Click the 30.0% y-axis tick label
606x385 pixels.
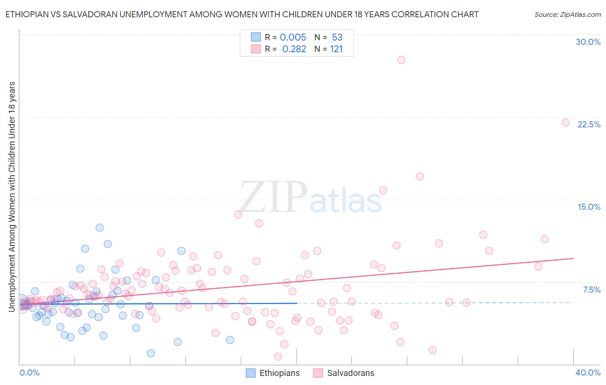(x=588, y=42)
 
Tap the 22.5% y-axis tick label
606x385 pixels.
(x=589, y=124)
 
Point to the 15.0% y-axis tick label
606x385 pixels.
(x=589, y=207)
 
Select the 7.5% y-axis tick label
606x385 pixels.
(x=591, y=290)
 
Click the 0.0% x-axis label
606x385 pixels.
(x=29, y=372)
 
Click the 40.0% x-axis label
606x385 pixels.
(x=587, y=372)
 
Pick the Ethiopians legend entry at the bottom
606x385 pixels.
(x=273, y=373)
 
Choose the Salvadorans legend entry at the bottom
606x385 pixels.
(x=344, y=373)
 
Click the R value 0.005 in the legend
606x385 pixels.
(x=293, y=37)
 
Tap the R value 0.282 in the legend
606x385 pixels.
(x=294, y=49)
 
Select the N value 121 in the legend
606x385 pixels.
(x=336, y=49)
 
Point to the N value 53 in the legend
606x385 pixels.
(x=337, y=37)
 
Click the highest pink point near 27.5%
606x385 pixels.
(x=401, y=60)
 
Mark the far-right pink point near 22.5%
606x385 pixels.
(x=565, y=123)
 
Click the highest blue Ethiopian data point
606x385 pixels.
(x=100, y=227)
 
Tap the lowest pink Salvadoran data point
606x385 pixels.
(x=278, y=357)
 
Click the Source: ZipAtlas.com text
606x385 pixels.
(x=567, y=14)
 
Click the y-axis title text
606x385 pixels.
(x=12, y=196)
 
